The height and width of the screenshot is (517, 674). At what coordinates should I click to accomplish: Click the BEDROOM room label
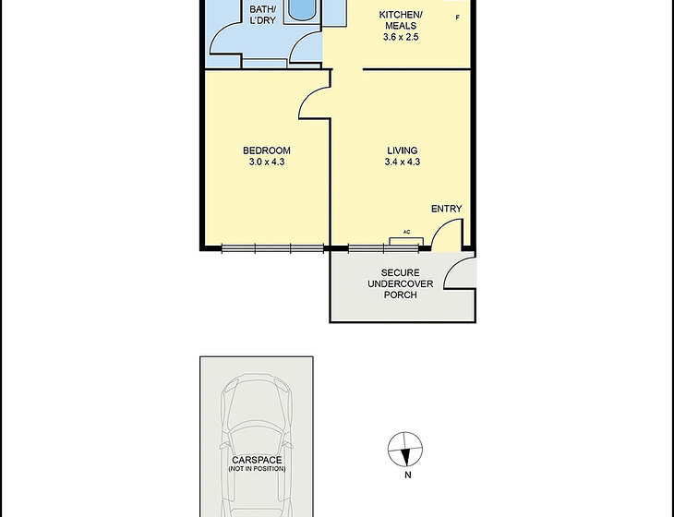point(267,150)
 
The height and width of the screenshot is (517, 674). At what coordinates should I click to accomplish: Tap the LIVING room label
point(403,150)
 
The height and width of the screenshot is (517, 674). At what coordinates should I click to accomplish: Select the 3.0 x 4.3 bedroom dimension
point(267,162)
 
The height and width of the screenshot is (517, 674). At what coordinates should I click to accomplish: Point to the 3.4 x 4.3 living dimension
point(403,162)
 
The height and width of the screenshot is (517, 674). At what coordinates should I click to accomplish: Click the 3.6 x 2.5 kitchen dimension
point(401,37)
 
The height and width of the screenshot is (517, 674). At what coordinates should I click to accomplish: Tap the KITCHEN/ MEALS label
point(401,20)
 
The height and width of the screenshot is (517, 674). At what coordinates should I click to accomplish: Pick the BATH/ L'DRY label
point(262,15)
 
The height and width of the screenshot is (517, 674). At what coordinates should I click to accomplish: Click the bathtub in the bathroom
point(301,9)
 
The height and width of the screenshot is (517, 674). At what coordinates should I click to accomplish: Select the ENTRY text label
point(447,209)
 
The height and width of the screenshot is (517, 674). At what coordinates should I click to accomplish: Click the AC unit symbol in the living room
point(406,241)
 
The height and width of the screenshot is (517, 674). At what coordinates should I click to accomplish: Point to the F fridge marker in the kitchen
point(458,18)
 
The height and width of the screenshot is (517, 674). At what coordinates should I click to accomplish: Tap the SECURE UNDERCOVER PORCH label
point(400,283)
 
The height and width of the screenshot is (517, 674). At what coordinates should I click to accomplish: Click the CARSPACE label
point(257,461)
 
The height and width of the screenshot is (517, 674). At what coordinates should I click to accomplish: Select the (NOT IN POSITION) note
point(257,469)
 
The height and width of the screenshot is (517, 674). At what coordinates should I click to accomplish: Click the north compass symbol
point(405,450)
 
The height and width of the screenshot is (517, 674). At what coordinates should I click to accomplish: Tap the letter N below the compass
point(408,475)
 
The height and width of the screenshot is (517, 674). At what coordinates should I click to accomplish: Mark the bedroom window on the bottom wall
point(272,248)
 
